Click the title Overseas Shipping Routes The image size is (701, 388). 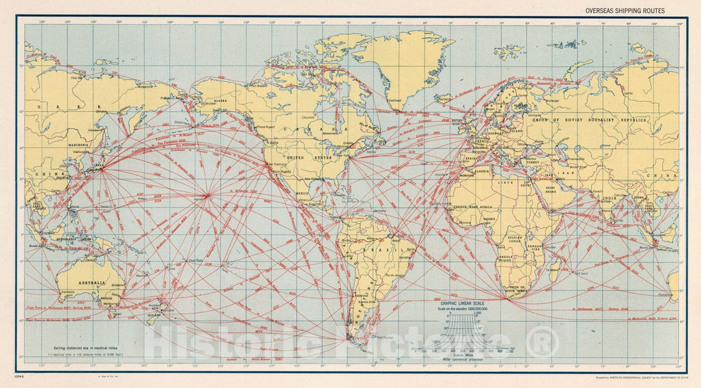(x=625, y=10)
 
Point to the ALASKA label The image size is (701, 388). (x=220, y=101)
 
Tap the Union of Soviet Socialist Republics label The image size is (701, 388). (x=589, y=120)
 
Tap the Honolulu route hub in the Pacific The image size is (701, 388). (x=206, y=194)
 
